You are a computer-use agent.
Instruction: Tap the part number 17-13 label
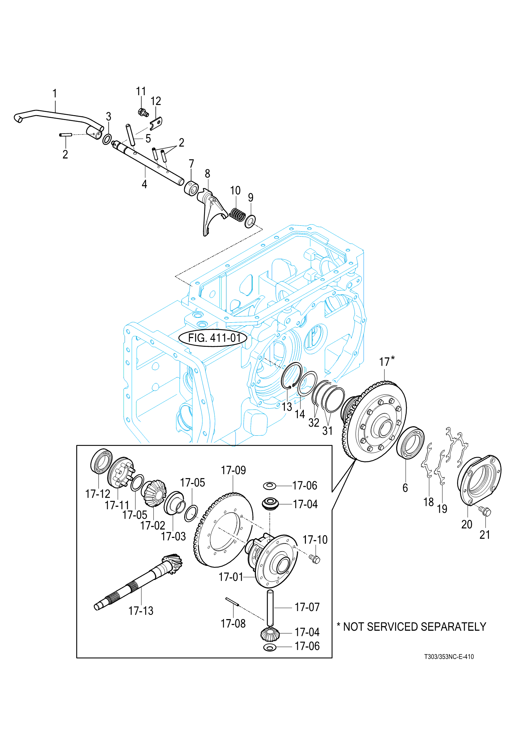(x=141, y=611)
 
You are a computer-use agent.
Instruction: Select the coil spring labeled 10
(x=237, y=215)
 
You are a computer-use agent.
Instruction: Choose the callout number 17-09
(x=233, y=470)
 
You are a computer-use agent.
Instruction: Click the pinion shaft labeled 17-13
(x=138, y=582)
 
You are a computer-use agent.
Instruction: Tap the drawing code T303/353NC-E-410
(x=449, y=657)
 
